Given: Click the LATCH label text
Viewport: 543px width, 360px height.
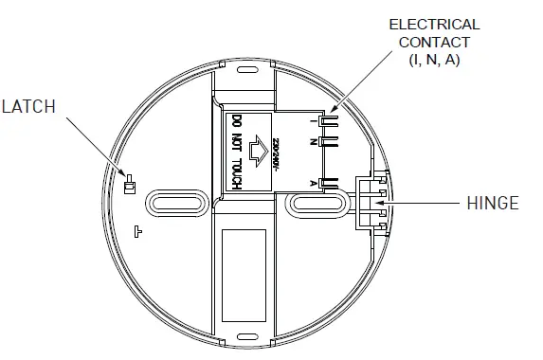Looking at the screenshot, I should (28, 107).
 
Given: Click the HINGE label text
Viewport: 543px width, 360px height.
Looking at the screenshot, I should (493, 203).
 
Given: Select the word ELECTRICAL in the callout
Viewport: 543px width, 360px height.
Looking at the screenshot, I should (434, 25).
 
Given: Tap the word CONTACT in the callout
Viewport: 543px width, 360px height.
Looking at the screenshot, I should (435, 43).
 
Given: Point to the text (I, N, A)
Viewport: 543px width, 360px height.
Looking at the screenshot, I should (435, 61).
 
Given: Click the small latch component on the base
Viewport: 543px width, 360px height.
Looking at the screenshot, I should (130, 185).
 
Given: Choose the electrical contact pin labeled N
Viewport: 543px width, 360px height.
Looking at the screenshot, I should (329, 143).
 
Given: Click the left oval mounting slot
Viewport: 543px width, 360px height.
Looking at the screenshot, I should (172, 203).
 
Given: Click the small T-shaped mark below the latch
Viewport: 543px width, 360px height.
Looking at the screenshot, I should (138, 229).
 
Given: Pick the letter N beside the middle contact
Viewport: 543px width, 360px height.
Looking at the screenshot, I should (314, 142).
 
